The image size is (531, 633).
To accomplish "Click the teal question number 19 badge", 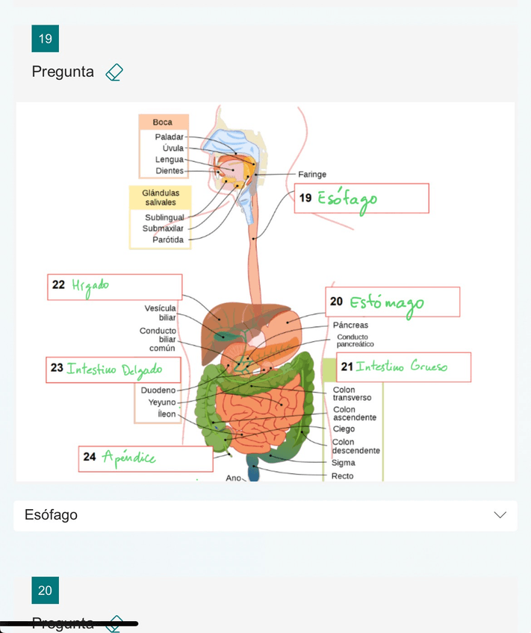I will coord(45,39).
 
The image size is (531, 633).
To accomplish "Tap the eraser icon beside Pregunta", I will coord(114,72).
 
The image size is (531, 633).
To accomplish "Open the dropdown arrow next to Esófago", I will coord(500,515).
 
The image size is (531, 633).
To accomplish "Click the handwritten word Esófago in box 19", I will coord(347,199).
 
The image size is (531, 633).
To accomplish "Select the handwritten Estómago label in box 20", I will coord(386,302).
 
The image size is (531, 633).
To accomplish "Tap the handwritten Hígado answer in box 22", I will coord(90,286).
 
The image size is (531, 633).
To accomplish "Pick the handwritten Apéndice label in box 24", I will coord(128,457).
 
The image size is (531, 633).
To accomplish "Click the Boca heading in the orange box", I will coord(163,122).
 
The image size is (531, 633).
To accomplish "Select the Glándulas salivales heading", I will coord(160,197).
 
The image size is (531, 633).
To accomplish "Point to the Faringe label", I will coord(312,174).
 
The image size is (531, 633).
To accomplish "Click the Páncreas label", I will coord(350,325).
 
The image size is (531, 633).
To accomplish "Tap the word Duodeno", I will coord(158,390).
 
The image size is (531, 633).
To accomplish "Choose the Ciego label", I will coord(344,429).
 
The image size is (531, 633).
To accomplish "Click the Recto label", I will coord(342,475).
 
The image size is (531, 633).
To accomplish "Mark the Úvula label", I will coord(173,149).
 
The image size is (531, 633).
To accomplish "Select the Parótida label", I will coord(168,240).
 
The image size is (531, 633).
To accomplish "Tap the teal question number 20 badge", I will coord(45,590).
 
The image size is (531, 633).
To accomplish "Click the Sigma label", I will coord(344,463).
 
